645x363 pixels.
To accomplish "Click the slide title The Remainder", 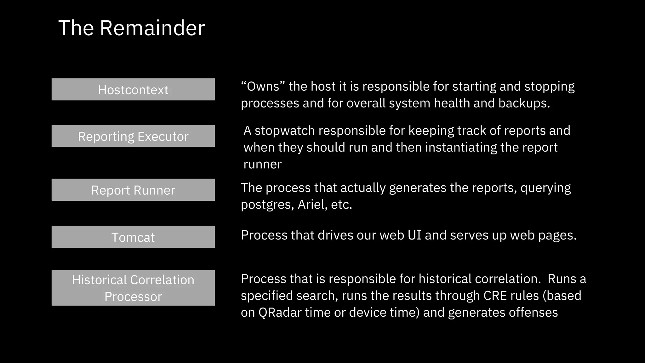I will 132,28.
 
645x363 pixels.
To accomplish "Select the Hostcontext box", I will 133,89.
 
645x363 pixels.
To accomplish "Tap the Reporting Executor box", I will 133,136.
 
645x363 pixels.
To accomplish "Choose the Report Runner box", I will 133,190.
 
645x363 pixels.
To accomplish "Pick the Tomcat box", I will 133,237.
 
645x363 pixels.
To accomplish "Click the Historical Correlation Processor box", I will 133,288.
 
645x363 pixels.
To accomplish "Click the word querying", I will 545,188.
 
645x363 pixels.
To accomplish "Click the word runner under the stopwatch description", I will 262,164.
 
